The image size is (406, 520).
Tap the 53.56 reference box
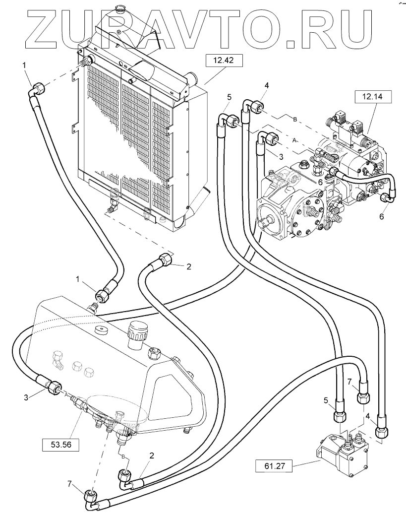coord(61,445)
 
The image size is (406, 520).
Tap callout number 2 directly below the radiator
coord(188,266)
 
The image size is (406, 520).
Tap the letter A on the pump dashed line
coord(294,140)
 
